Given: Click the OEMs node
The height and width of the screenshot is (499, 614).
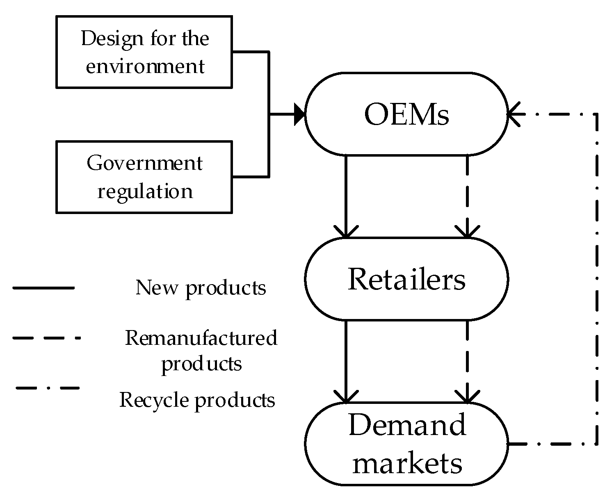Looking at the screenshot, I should tap(406, 114).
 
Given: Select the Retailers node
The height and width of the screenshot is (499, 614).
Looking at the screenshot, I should tap(406, 279).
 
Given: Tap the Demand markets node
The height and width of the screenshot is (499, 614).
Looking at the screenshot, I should tap(406, 444).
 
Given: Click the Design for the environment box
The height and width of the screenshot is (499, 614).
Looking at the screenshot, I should tap(144, 52).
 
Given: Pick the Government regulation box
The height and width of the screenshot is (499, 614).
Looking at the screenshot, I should tap(144, 177).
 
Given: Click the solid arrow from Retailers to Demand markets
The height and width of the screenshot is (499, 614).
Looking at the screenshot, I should tap(346, 361).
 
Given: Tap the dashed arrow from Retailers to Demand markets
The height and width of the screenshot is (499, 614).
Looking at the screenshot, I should tap(467, 361).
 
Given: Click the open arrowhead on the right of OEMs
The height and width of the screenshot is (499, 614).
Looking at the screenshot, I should tap(514, 114).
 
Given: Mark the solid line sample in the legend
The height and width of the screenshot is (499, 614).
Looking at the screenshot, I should tap(43, 288).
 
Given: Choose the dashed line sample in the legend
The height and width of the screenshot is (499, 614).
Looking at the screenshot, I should tap(46, 338).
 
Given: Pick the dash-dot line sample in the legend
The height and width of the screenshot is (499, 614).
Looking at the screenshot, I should tap(47, 387).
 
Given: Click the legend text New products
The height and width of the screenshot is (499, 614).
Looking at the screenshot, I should tap(201, 288).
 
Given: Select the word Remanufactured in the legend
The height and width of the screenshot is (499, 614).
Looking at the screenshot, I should tap(201, 338).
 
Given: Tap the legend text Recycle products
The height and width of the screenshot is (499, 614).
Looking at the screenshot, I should tap(197, 400).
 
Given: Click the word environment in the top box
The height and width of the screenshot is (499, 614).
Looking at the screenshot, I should tap(145, 66).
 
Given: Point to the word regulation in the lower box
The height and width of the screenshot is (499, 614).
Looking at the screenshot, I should tap(145, 191).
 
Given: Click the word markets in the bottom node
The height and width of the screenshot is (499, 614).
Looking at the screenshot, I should tap(407, 463).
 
